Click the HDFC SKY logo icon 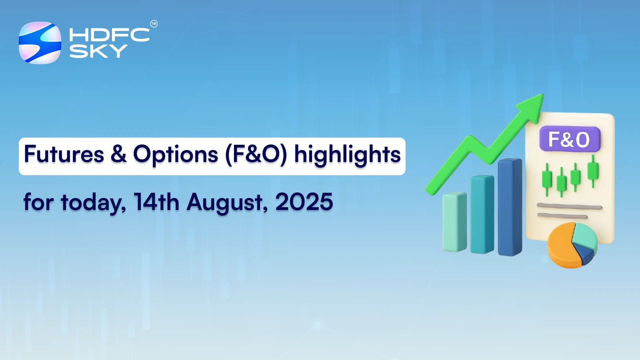tap(40, 43)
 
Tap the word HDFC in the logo tap(109, 35)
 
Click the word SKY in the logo tap(98, 51)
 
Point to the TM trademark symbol tap(154, 24)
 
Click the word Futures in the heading tap(64, 155)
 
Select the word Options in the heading tap(176, 155)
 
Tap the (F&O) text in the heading tap(256, 155)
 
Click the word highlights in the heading tap(347, 155)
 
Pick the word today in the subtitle tap(93, 202)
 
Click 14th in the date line tap(156, 202)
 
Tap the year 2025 tap(304, 202)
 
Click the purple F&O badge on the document tap(570, 139)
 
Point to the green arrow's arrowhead tap(532, 107)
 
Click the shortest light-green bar tap(454, 222)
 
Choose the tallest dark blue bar tap(510, 207)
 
